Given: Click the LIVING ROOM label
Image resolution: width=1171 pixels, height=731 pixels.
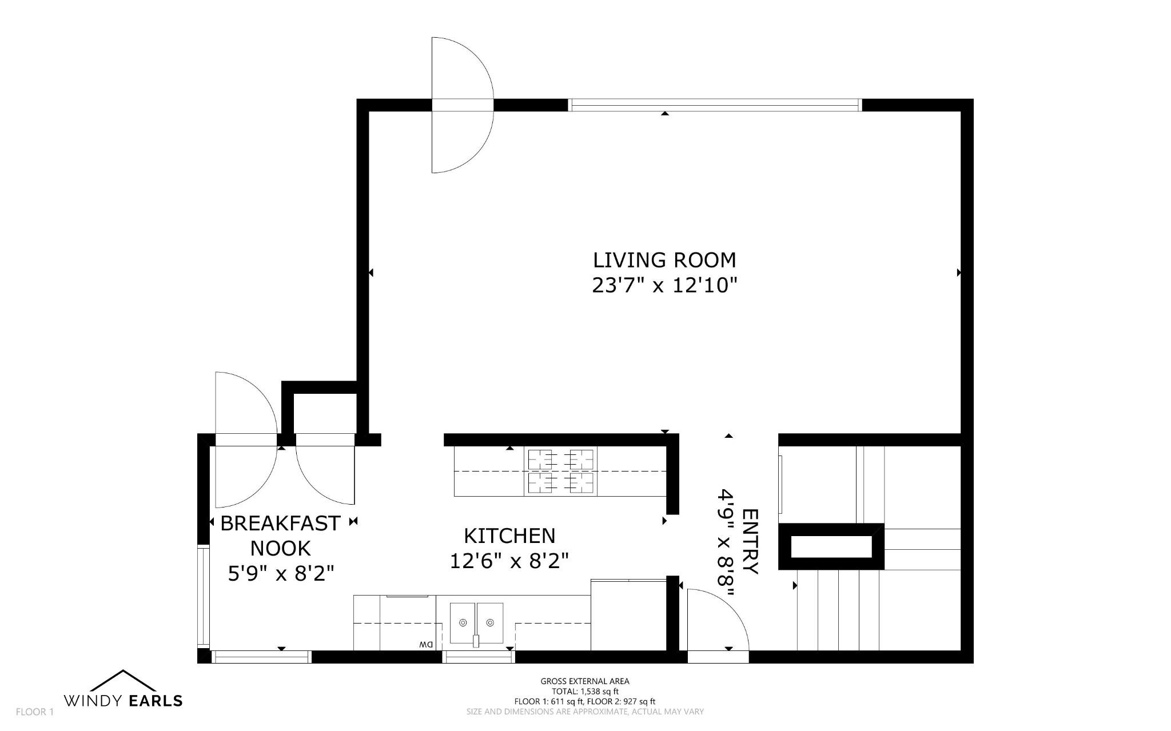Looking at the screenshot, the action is pos(664,260).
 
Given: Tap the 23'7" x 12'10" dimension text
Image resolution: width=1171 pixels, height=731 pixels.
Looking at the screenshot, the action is pos(664,285).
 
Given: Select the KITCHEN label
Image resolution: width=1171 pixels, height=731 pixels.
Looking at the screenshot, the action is pos(509,536).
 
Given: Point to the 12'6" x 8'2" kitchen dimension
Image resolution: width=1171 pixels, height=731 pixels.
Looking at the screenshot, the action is pos(509,561).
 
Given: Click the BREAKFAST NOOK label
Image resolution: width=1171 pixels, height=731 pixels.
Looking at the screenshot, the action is pos(281,536).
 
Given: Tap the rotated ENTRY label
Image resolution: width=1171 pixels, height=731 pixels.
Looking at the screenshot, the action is pos(750,541).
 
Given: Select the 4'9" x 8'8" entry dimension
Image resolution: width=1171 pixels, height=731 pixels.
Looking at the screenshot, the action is pos(726,542).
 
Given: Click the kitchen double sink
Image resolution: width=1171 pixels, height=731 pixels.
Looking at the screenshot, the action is pos(476,623).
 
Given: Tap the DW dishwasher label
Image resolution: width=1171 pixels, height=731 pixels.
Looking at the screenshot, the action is pos(427,645).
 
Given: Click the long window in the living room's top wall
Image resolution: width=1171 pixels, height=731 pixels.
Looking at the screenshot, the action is pos(715,105).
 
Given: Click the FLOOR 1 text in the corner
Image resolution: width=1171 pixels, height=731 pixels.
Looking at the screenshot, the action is pos(34,712).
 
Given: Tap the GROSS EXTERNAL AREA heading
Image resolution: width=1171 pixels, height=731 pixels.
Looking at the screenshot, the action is pos(585,681).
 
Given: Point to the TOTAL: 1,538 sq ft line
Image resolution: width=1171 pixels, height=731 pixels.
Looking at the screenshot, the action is pos(585,691).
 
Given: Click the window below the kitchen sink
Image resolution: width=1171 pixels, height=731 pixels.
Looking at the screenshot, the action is pos(479,657).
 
